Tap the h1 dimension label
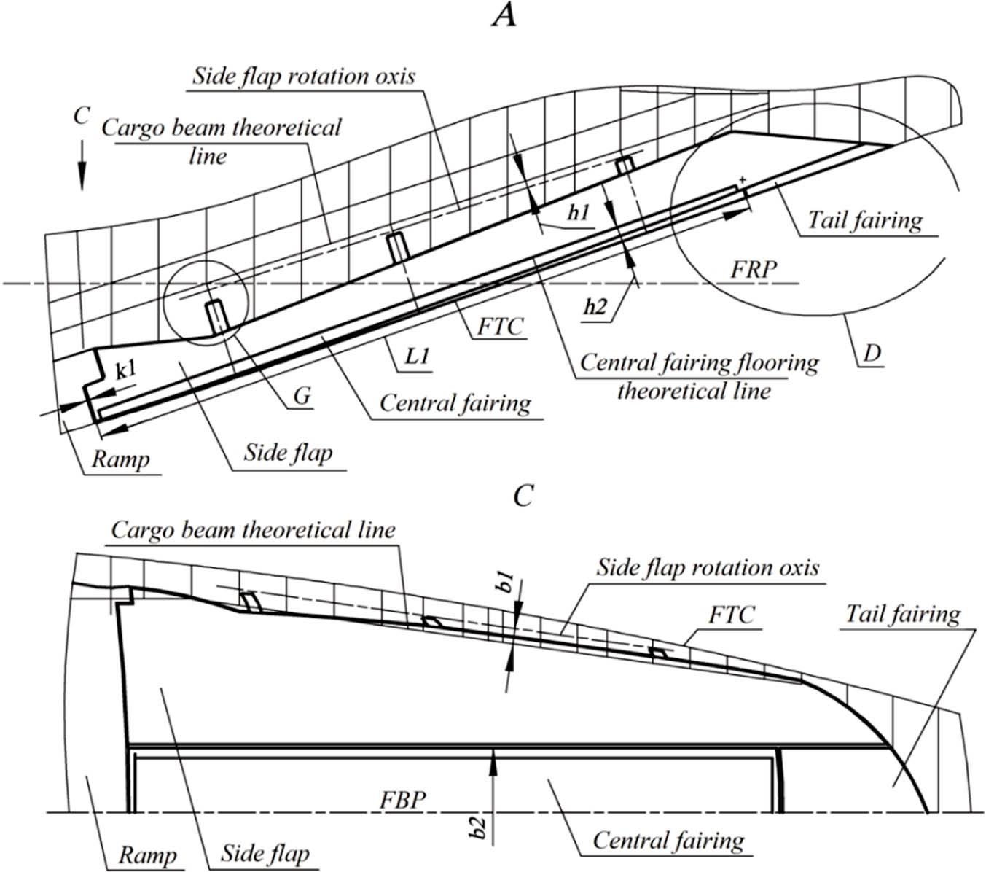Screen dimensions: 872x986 pyautogui.click(x=580, y=214)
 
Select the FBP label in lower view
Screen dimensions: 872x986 pyautogui.click(x=402, y=798)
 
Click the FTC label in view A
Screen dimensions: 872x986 pyautogui.click(x=500, y=326)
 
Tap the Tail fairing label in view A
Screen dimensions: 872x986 pyautogui.click(x=864, y=219)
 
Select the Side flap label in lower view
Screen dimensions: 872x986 pyautogui.click(x=265, y=853)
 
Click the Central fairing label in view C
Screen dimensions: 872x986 pyautogui.click(x=668, y=840)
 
